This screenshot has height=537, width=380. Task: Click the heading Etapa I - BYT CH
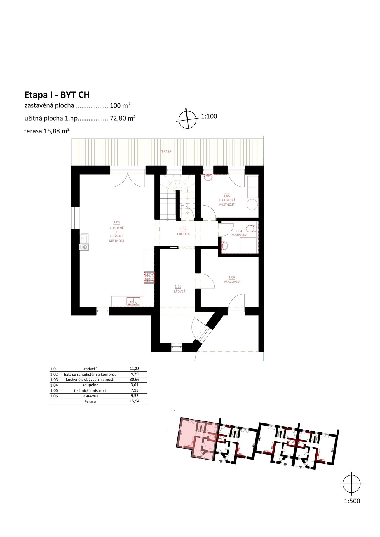[57, 95]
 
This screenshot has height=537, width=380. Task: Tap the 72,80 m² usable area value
[123, 118]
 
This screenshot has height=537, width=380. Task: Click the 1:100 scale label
[209, 116]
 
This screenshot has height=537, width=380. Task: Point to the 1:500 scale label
[352, 501]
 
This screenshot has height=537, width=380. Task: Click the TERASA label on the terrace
[166, 151]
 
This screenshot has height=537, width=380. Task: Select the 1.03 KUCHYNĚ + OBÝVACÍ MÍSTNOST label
[117, 232]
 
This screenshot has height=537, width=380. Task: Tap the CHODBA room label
[183, 234]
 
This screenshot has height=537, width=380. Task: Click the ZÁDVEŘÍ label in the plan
[180, 291]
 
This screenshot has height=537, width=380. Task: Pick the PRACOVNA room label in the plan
[232, 282]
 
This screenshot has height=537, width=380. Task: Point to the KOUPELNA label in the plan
[239, 235]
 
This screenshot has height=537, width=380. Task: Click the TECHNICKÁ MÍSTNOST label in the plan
[227, 202]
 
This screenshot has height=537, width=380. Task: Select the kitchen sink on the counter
[133, 301]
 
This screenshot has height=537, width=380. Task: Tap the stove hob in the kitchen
[149, 277]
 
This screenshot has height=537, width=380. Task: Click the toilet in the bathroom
[252, 229]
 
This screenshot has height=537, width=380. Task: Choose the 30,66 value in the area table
[135, 380]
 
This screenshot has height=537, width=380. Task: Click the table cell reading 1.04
[54, 385]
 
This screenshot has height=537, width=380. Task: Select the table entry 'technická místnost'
[90, 390]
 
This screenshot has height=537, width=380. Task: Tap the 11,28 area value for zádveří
[135, 369]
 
